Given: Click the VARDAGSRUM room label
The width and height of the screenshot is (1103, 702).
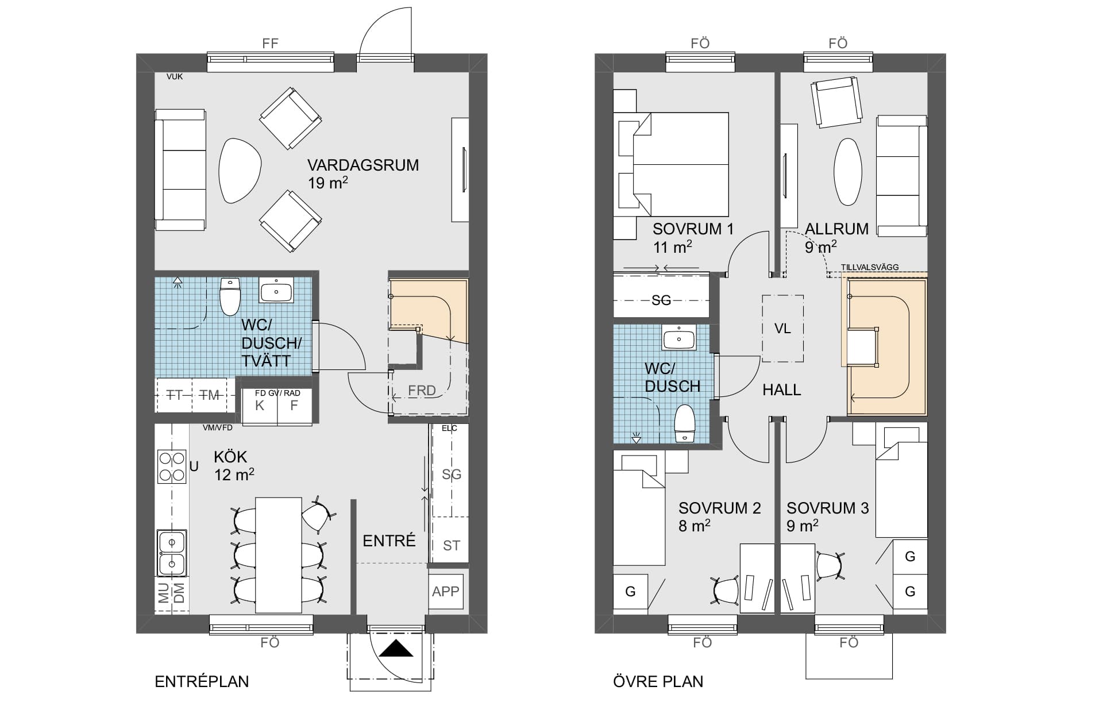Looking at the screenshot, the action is pyautogui.click(x=363, y=165).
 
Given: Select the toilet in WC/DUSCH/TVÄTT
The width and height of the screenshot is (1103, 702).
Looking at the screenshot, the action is pyautogui.click(x=230, y=296).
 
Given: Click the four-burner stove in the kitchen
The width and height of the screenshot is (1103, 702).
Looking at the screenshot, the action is pyautogui.click(x=172, y=466).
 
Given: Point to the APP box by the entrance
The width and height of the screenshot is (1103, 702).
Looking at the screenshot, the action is pyautogui.click(x=446, y=591).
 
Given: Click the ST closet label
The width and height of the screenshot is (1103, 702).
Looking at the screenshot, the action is pyautogui.click(x=452, y=545).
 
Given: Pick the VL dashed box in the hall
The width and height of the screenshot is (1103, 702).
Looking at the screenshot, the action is pyautogui.click(x=782, y=328).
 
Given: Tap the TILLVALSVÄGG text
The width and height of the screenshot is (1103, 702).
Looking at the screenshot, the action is pyautogui.click(x=870, y=267).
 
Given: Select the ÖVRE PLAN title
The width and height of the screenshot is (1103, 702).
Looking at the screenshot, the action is pyautogui.click(x=658, y=681).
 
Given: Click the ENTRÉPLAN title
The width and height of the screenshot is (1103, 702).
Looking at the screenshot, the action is pyautogui.click(x=202, y=681).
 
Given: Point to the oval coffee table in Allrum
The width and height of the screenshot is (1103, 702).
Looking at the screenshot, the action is pyautogui.click(x=848, y=171).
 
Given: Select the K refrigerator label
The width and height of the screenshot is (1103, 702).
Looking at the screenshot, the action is pyautogui.click(x=260, y=405).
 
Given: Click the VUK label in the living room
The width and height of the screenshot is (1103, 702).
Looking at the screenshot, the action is pyautogui.click(x=175, y=76).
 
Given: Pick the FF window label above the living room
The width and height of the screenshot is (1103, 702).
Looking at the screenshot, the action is pyautogui.click(x=270, y=44).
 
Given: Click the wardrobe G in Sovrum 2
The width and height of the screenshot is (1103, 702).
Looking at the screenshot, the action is pyautogui.click(x=630, y=591).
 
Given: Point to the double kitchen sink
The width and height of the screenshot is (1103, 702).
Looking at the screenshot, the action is pyautogui.click(x=172, y=553).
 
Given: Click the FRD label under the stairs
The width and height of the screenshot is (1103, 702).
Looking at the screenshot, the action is pyautogui.click(x=422, y=390).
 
